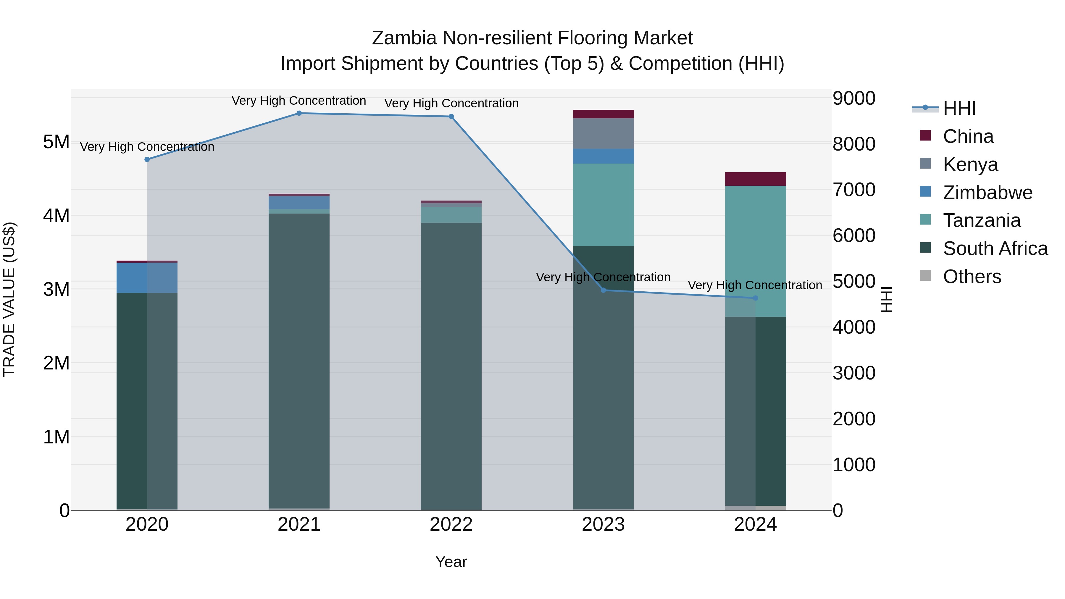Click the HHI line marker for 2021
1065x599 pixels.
pos(299,113)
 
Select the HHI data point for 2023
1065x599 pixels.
pos(603,290)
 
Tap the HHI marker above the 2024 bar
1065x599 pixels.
pos(755,298)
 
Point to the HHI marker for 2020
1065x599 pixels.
pos(147,159)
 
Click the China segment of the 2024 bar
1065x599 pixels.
pos(755,179)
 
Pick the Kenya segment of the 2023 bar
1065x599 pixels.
pos(603,133)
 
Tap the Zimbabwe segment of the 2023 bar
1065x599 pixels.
pos(603,156)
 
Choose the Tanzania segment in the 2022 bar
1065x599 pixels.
pos(451,215)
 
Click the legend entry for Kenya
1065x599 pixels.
pos(970,164)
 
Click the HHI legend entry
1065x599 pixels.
pos(959,108)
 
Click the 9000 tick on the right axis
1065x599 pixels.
pos(854,99)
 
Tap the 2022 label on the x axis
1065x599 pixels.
pos(451,524)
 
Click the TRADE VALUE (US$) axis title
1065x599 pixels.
pos(9,299)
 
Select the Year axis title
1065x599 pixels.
pos(451,562)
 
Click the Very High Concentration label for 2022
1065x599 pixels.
pos(451,103)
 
